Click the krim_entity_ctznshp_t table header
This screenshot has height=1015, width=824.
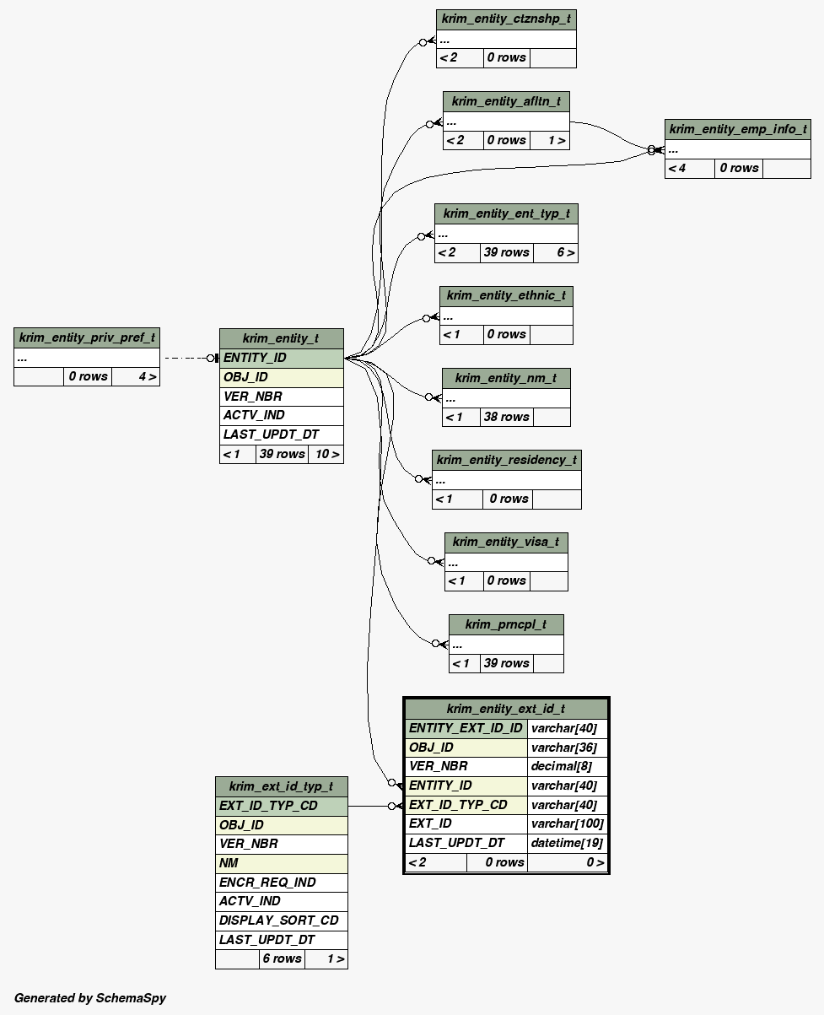[x=506, y=19]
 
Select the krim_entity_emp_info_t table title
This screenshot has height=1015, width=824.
[x=737, y=129]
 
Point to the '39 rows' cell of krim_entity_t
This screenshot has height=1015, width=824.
[x=282, y=454]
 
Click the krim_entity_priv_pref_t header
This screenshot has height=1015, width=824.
[x=87, y=337]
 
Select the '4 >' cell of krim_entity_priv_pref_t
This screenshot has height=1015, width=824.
[x=147, y=376]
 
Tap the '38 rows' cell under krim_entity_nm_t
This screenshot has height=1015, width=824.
[x=506, y=417]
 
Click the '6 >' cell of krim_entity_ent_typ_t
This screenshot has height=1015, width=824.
[x=565, y=252]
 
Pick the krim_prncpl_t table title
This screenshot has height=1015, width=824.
[x=506, y=624]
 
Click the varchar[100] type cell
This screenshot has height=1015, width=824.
[x=567, y=823]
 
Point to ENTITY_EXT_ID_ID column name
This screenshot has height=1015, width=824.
[x=466, y=728]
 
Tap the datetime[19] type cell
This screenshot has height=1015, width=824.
[x=567, y=843]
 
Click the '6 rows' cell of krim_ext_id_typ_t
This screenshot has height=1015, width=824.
[x=282, y=958]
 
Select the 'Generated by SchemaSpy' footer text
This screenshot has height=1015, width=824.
[x=90, y=998]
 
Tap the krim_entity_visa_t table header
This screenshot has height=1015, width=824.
[x=506, y=542]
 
